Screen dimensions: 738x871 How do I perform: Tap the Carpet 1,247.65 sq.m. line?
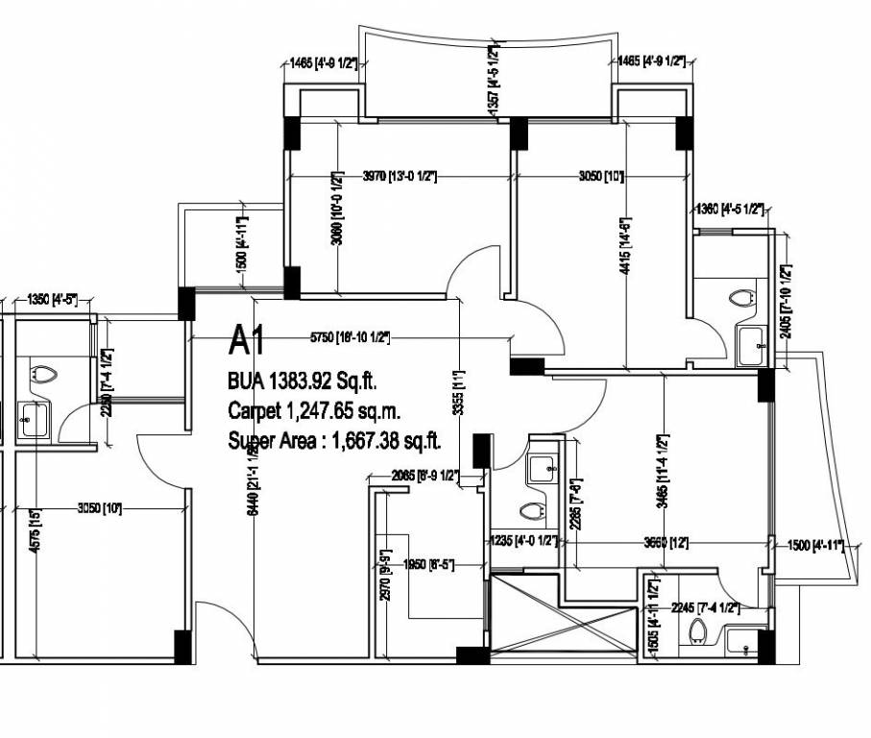pyautogui.click(x=314, y=411)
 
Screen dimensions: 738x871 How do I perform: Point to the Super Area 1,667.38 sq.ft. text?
pyautogui.click(x=334, y=442)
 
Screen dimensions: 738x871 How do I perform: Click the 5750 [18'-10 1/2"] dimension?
pyautogui.click(x=350, y=337)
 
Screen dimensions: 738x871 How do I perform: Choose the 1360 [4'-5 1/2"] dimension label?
pyautogui.click(x=729, y=209)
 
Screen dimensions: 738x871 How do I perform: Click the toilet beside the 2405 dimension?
pyautogui.click(x=739, y=299)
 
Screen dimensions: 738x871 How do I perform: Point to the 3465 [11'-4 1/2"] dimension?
pyautogui.click(x=663, y=471)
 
